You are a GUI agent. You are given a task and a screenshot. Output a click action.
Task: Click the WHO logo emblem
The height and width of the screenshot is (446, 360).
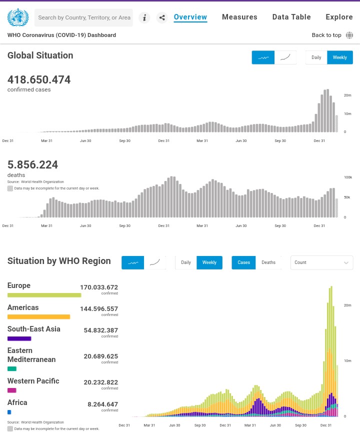click(x=18, y=17)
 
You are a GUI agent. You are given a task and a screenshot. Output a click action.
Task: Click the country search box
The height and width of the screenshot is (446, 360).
click(x=83, y=17)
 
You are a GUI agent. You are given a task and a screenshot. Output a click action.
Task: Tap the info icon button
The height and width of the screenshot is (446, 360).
click(x=144, y=17)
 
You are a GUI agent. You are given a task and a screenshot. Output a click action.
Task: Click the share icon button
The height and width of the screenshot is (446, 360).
click(x=162, y=17)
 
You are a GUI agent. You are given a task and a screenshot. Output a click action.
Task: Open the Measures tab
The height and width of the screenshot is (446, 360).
click(x=239, y=17)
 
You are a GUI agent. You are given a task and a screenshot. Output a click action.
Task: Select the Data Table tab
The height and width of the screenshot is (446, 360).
click(x=291, y=17)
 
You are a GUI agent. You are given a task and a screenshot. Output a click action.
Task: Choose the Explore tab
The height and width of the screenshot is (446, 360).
click(x=339, y=17)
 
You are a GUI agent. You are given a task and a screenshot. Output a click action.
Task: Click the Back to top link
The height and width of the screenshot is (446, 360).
click(x=326, y=35)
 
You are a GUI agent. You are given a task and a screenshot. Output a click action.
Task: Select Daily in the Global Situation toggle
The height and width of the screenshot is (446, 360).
click(x=316, y=57)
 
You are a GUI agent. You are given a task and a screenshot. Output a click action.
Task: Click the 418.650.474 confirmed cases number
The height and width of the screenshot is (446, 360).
click(x=39, y=79)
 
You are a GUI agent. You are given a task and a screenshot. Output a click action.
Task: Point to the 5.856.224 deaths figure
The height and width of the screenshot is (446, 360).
click(x=32, y=164)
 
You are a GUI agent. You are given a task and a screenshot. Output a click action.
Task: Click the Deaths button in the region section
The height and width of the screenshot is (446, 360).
click(x=268, y=262)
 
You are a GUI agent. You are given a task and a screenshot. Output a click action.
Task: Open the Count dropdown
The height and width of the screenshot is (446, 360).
click(x=322, y=262)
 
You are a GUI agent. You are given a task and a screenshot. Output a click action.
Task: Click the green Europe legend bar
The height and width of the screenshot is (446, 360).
click(x=44, y=295)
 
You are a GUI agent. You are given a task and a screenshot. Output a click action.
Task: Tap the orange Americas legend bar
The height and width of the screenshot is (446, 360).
click(x=38, y=317)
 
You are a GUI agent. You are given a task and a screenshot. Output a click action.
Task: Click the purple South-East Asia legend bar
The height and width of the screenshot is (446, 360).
click(x=19, y=338)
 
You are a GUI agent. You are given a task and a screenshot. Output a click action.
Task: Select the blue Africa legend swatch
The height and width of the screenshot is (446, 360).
click(x=9, y=412)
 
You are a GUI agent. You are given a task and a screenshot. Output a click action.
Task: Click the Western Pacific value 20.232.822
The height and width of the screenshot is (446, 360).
click(x=100, y=382)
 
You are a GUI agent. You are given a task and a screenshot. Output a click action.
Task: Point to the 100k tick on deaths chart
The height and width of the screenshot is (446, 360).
click(x=348, y=177)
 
